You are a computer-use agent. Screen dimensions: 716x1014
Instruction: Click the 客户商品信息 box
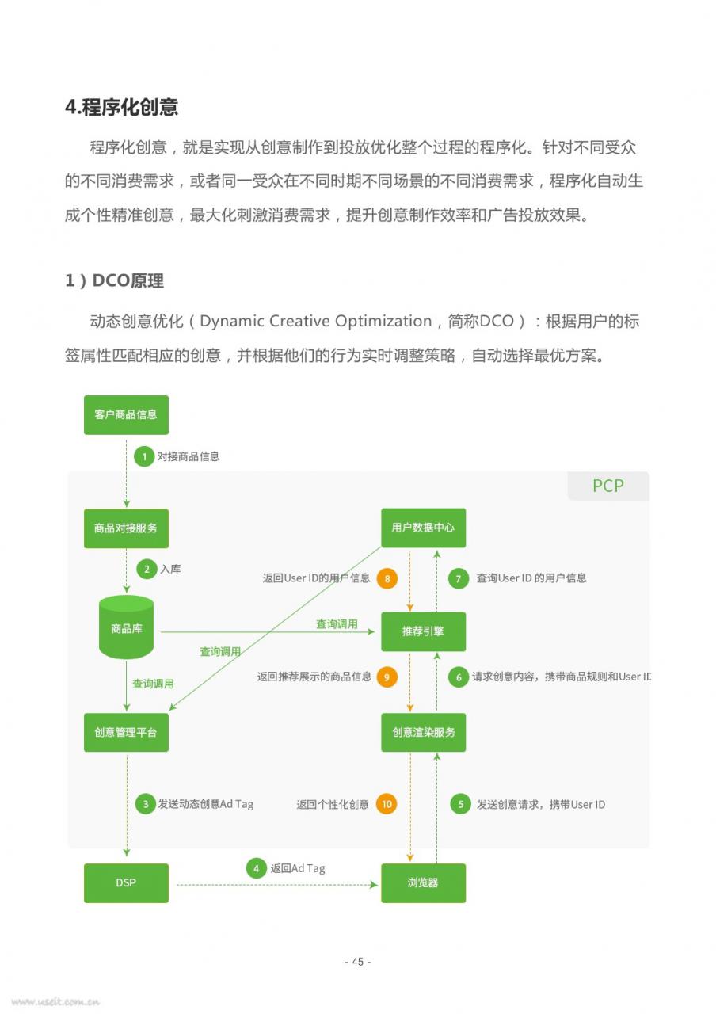(x=126, y=414)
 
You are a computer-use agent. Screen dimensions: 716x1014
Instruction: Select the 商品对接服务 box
(x=126, y=528)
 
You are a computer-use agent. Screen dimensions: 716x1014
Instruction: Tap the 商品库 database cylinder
(x=126, y=627)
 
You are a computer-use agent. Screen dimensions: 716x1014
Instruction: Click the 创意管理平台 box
(x=126, y=733)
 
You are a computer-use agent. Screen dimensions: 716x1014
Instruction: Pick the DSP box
(x=126, y=883)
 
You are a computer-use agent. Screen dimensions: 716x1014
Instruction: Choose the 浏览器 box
(x=423, y=883)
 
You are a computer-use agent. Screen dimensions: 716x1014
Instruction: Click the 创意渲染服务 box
(x=423, y=733)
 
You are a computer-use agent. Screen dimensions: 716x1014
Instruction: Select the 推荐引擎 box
(x=423, y=631)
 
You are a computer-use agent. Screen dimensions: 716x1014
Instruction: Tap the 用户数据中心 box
(x=423, y=528)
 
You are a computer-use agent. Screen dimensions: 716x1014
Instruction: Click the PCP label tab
(x=608, y=486)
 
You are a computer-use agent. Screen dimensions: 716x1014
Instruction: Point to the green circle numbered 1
(x=144, y=456)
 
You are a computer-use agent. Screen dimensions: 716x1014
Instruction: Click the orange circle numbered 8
(x=387, y=578)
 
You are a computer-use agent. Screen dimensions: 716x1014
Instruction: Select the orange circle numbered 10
(x=387, y=804)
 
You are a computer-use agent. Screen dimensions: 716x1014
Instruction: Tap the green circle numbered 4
(x=256, y=868)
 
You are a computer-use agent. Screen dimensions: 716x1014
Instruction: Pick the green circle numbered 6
(x=459, y=677)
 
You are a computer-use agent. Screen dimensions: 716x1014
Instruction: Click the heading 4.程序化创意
(x=122, y=107)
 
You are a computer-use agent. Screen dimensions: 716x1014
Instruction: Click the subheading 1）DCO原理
(x=115, y=280)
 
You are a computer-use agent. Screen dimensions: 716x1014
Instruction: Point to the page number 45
(x=357, y=962)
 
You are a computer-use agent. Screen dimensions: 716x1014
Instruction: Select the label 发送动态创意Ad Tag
(x=205, y=804)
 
